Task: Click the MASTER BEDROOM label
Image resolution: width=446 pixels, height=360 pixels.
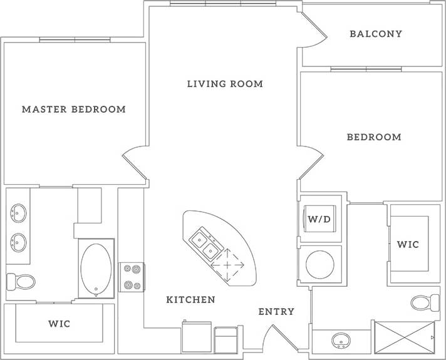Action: tap(74, 110)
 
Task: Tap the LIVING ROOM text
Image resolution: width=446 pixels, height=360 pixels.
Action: tap(225, 84)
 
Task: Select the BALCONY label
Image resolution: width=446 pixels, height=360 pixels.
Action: tap(376, 34)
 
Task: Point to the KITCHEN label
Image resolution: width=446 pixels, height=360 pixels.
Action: tap(190, 300)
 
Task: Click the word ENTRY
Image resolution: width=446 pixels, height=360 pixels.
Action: tap(276, 312)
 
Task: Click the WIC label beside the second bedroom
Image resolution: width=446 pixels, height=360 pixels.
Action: tap(408, 244)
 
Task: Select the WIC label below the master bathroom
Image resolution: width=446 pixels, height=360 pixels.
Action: tap(59, 324)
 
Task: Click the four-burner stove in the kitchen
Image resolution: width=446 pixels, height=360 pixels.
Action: tap(132, 277)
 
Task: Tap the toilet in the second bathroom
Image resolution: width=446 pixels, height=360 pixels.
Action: tap(426, 303)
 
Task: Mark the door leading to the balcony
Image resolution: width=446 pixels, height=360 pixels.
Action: tap(313, 31)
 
